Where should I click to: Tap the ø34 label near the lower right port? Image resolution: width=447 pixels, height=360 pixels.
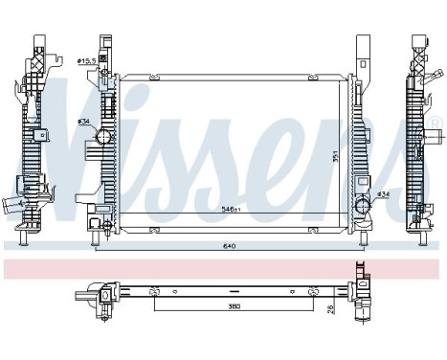click(383, 195)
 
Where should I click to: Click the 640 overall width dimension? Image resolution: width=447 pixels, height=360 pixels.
click(229, 247)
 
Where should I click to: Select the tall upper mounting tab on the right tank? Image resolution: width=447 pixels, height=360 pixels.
click(363, 53)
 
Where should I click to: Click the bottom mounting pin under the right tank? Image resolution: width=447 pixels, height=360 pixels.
click(362, 239)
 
